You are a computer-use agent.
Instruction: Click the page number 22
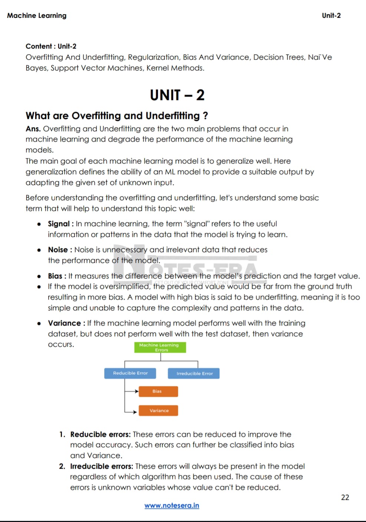coord(345,498)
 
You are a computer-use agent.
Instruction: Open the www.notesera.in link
coord(172,506)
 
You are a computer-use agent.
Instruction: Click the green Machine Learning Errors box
coord(160,347)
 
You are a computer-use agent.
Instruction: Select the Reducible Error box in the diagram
coord(130,373)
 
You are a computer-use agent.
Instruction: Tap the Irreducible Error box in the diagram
coord(194,373)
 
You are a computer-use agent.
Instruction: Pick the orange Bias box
coord(158,391)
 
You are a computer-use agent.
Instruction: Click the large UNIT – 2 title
coord(177,95)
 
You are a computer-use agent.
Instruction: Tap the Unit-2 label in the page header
coord(331,16)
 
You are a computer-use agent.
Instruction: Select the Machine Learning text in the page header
coord(37,16)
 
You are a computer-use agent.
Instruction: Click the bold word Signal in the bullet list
coord(59,224)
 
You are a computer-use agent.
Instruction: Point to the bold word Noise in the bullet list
coord(58,250)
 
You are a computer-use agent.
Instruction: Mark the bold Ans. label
coord(33,129)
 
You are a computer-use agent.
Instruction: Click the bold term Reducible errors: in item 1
coord(100,435)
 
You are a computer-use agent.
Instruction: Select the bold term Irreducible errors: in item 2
coord(101,466)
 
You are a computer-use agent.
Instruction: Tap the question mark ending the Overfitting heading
coord(205,116)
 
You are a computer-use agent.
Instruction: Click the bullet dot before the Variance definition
coord(39,324)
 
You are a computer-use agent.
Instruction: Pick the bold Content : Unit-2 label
coord(51,46)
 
